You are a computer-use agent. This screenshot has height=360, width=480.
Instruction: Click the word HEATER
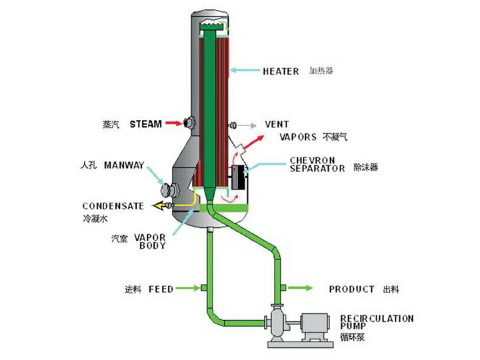(281, 71)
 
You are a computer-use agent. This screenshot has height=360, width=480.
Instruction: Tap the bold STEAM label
(145, 123)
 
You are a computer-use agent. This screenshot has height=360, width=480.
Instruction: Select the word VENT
(277, 124)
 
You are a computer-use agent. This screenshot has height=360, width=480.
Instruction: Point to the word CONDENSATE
(113, 205)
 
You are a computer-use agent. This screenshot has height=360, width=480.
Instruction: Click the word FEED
(161, 289)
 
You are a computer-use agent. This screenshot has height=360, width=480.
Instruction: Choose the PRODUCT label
(352, 289)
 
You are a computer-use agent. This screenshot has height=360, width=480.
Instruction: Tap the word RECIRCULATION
(377, 318)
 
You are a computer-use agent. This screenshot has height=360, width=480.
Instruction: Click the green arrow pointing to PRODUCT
(301, 288)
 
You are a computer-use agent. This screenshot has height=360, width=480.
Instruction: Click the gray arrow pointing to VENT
(247, 125)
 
